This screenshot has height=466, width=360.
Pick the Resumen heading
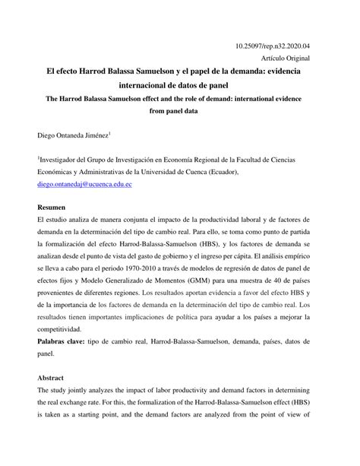pos(54,206)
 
